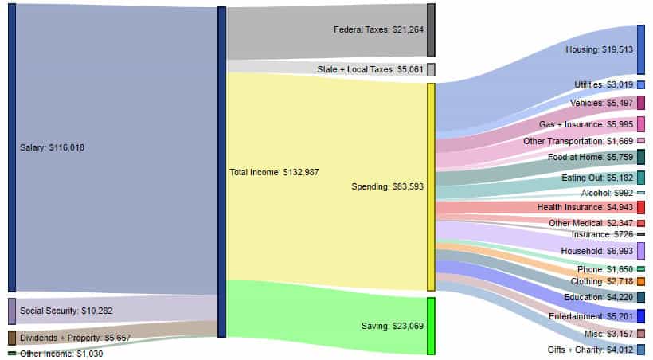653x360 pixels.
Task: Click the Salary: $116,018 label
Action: point(53,147)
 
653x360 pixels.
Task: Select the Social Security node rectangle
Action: point(11,311)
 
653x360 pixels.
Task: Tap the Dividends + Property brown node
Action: point(11,338)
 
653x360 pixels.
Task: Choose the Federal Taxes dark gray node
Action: point(431,29)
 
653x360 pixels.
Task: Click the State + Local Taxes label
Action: point(367,69)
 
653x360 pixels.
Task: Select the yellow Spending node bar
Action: point(431,186)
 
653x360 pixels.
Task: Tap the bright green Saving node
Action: point(431,326)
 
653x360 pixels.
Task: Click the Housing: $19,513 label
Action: point(599,49)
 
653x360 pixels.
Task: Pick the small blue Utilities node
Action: point(640,84)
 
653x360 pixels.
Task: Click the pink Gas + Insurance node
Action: point(640,123)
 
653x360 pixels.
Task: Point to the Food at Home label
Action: point(590,158)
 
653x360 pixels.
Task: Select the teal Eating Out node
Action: point(640,177)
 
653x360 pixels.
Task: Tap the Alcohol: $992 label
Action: point(607,193)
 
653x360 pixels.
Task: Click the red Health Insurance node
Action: point(640,207)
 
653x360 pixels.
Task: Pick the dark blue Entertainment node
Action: point(640,316)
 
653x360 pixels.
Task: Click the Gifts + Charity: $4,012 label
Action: point(590,350)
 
